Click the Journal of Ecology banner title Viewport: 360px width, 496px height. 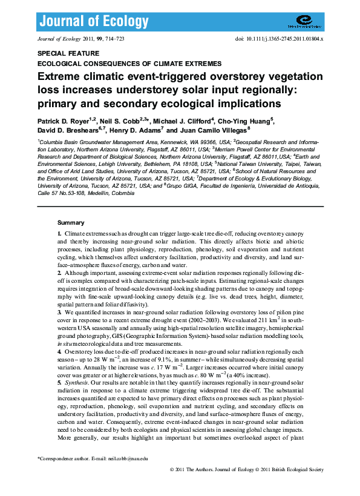pyautogui.click(x=94, y=22)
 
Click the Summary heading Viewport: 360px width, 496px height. pyautogui.click(x=70, y=223)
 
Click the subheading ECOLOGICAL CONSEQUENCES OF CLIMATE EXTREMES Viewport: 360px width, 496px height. pyautogui.click(x=129, y=63)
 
